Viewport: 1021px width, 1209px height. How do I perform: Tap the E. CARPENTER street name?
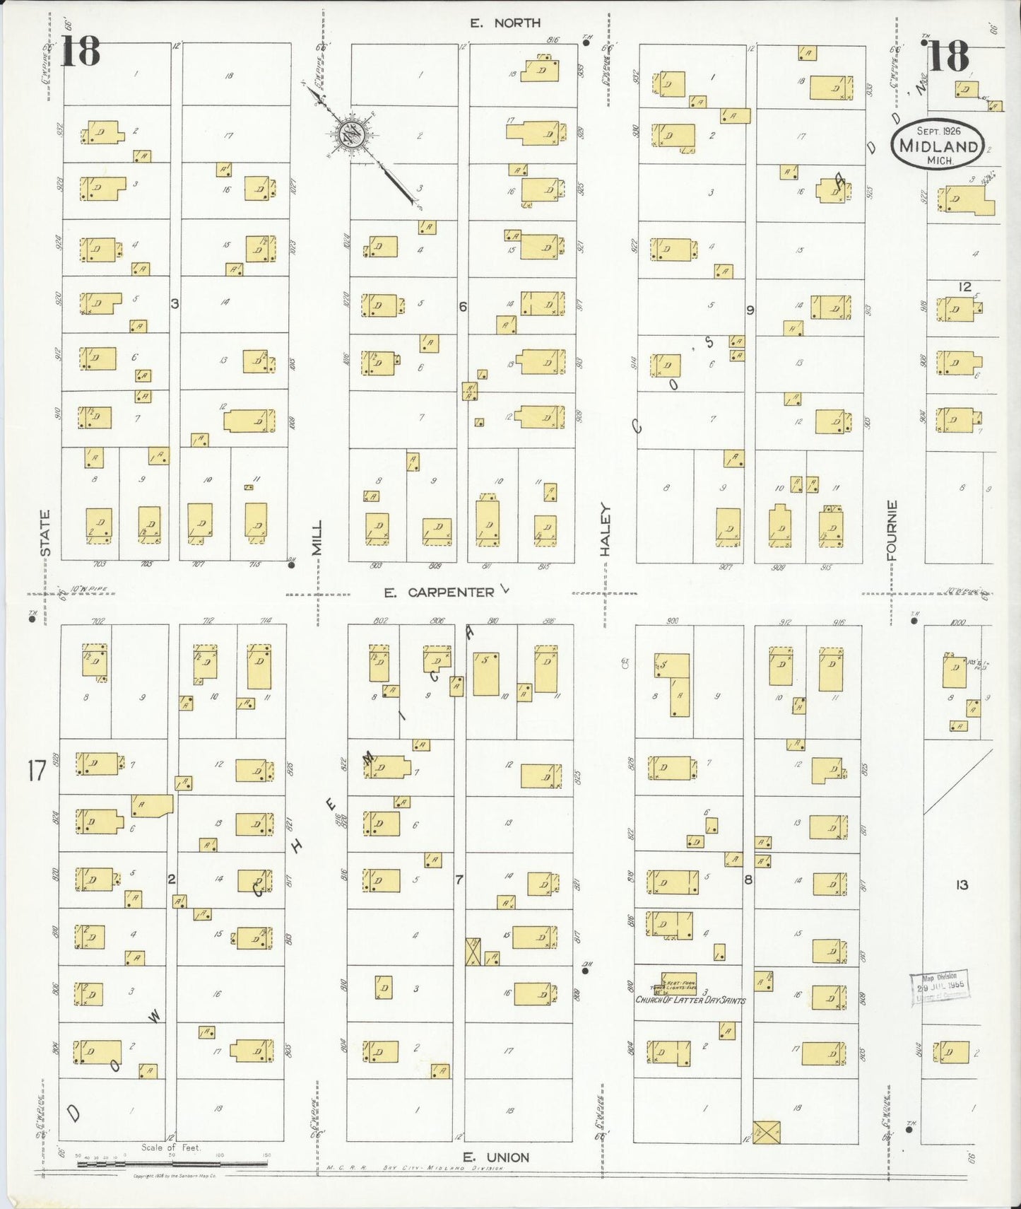point(439,592)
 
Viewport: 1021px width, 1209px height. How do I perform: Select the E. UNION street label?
point(496,1157)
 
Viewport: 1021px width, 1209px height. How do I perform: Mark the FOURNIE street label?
point(892,530)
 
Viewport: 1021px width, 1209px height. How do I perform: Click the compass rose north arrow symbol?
point(350,133)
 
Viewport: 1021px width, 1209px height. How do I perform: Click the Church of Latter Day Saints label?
point(690,1000)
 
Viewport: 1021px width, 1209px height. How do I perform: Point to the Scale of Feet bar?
point(171,1162)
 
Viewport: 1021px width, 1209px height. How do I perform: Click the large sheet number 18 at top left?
point(80,53)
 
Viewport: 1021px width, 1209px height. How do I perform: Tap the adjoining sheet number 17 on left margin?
point(37,770)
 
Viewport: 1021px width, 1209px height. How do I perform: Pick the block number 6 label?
point(463,307)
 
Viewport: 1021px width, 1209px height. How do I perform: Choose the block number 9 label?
point(750,310)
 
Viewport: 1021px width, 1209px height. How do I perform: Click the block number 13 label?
point(962,884)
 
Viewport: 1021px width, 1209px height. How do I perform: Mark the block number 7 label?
point(459,880)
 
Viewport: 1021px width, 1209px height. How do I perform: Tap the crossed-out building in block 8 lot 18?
point(766,1132)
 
